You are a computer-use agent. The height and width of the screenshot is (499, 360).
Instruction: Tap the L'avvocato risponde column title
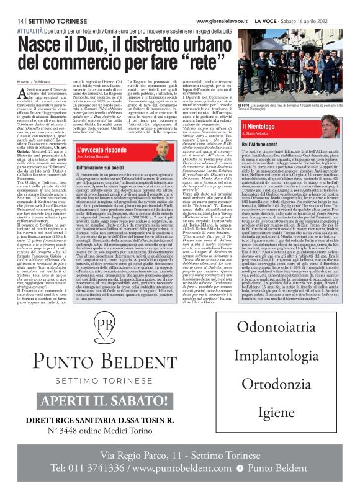click(102, 150)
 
